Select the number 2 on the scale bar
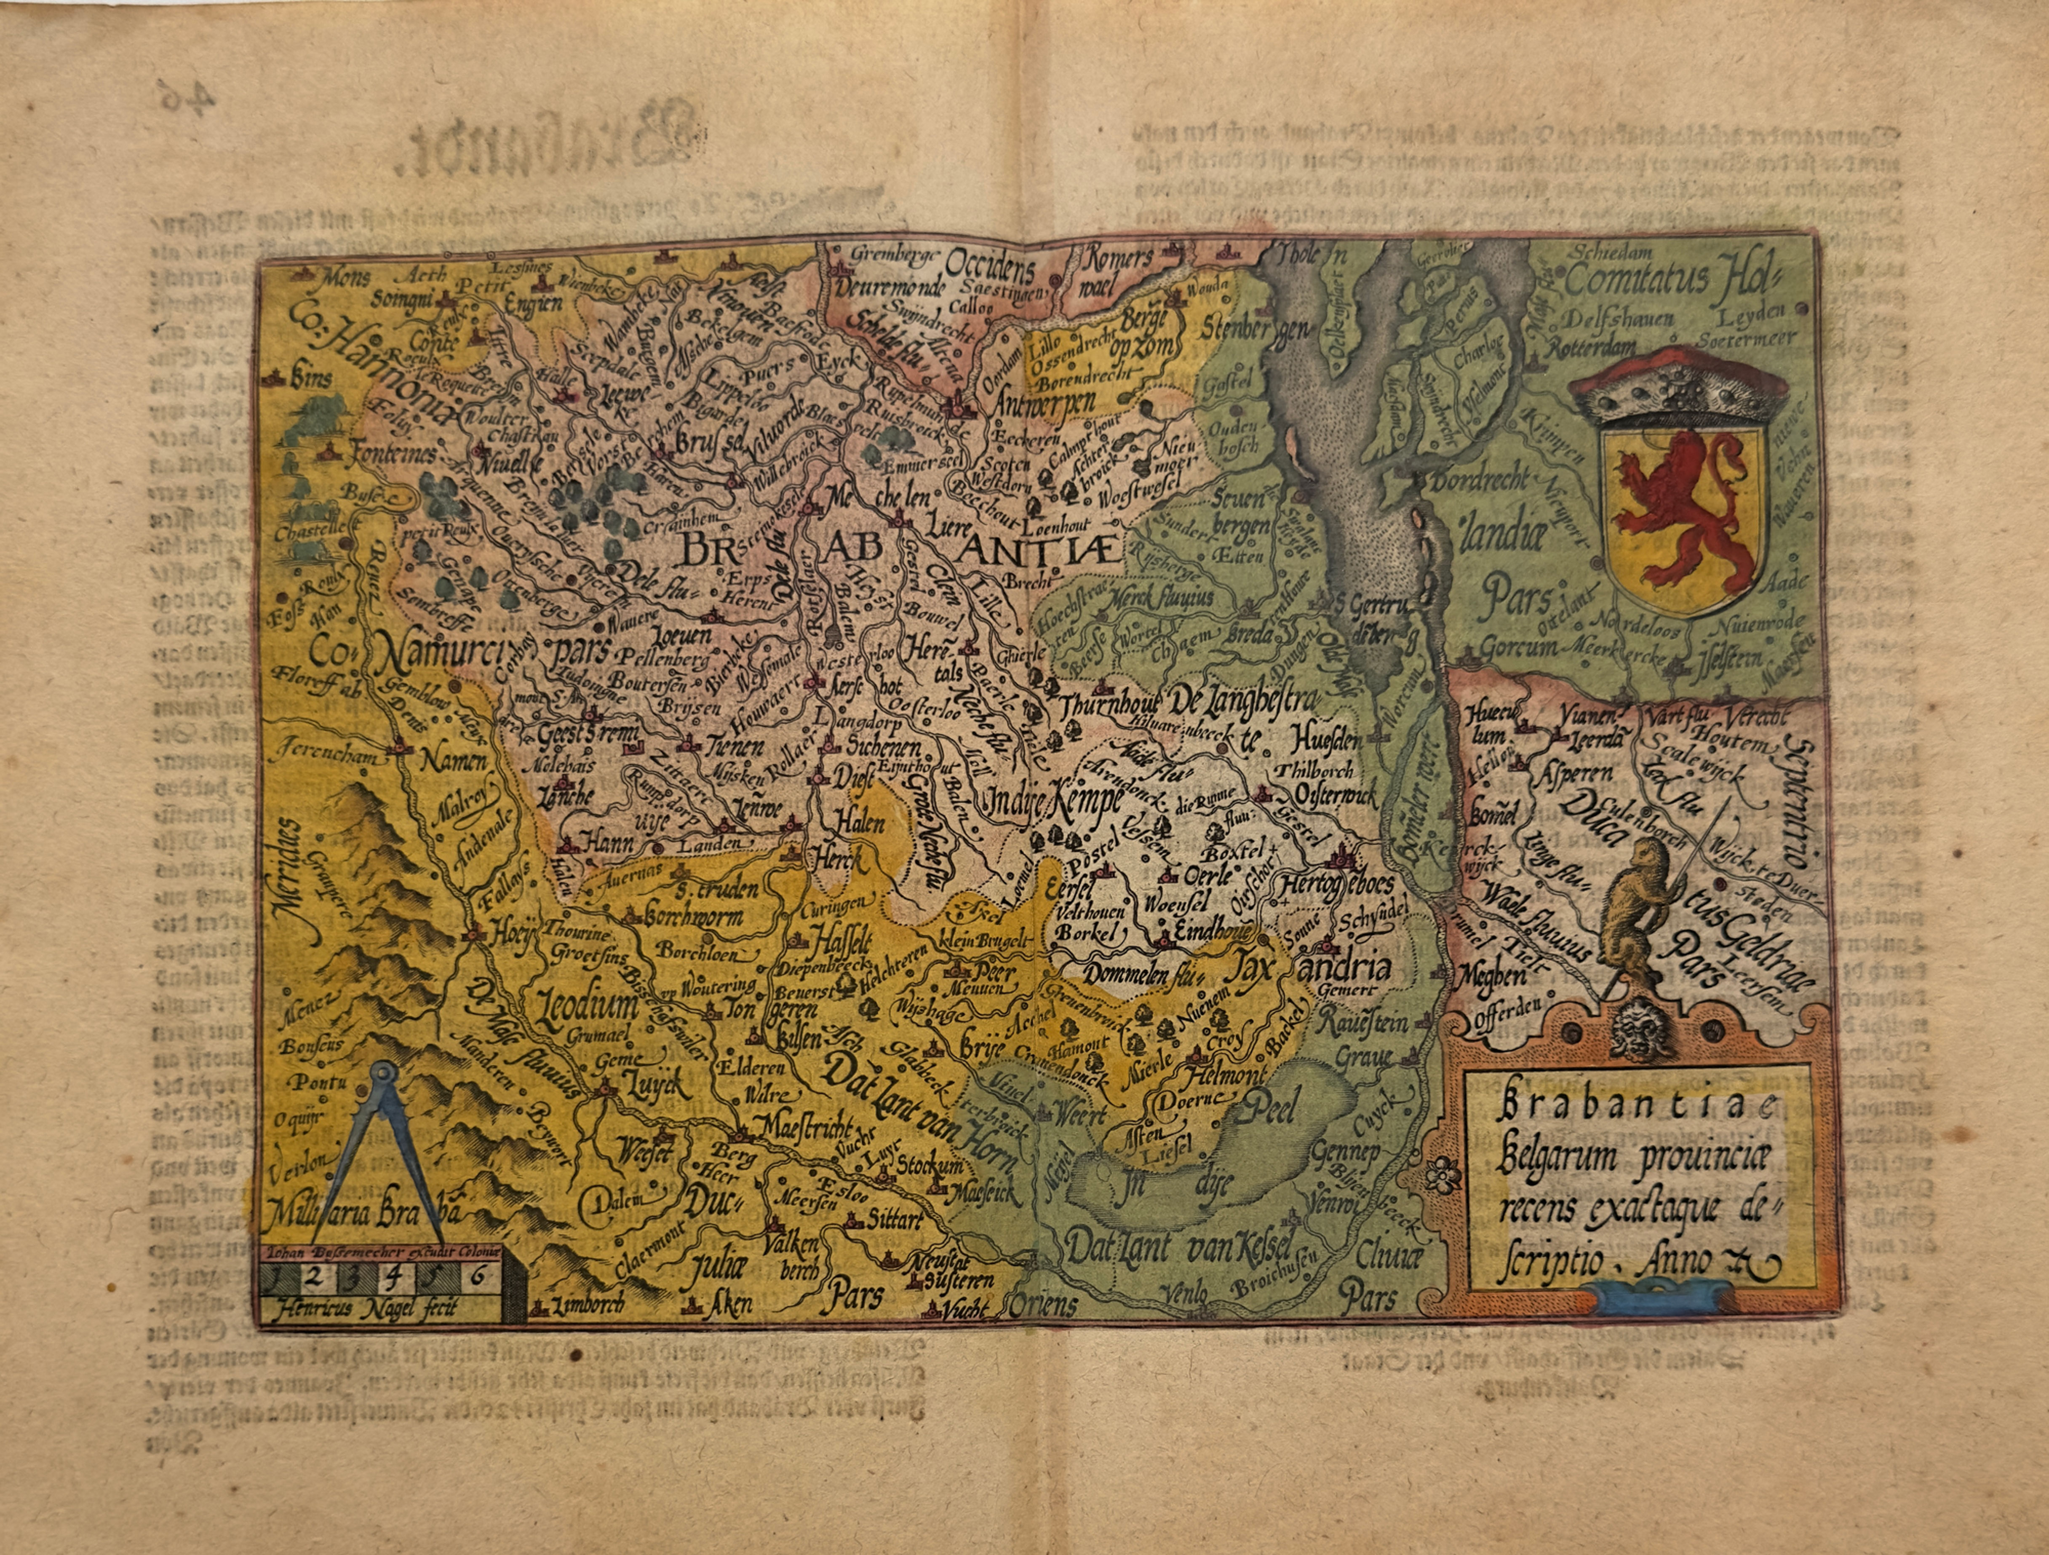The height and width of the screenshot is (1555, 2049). coord(313,1276)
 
